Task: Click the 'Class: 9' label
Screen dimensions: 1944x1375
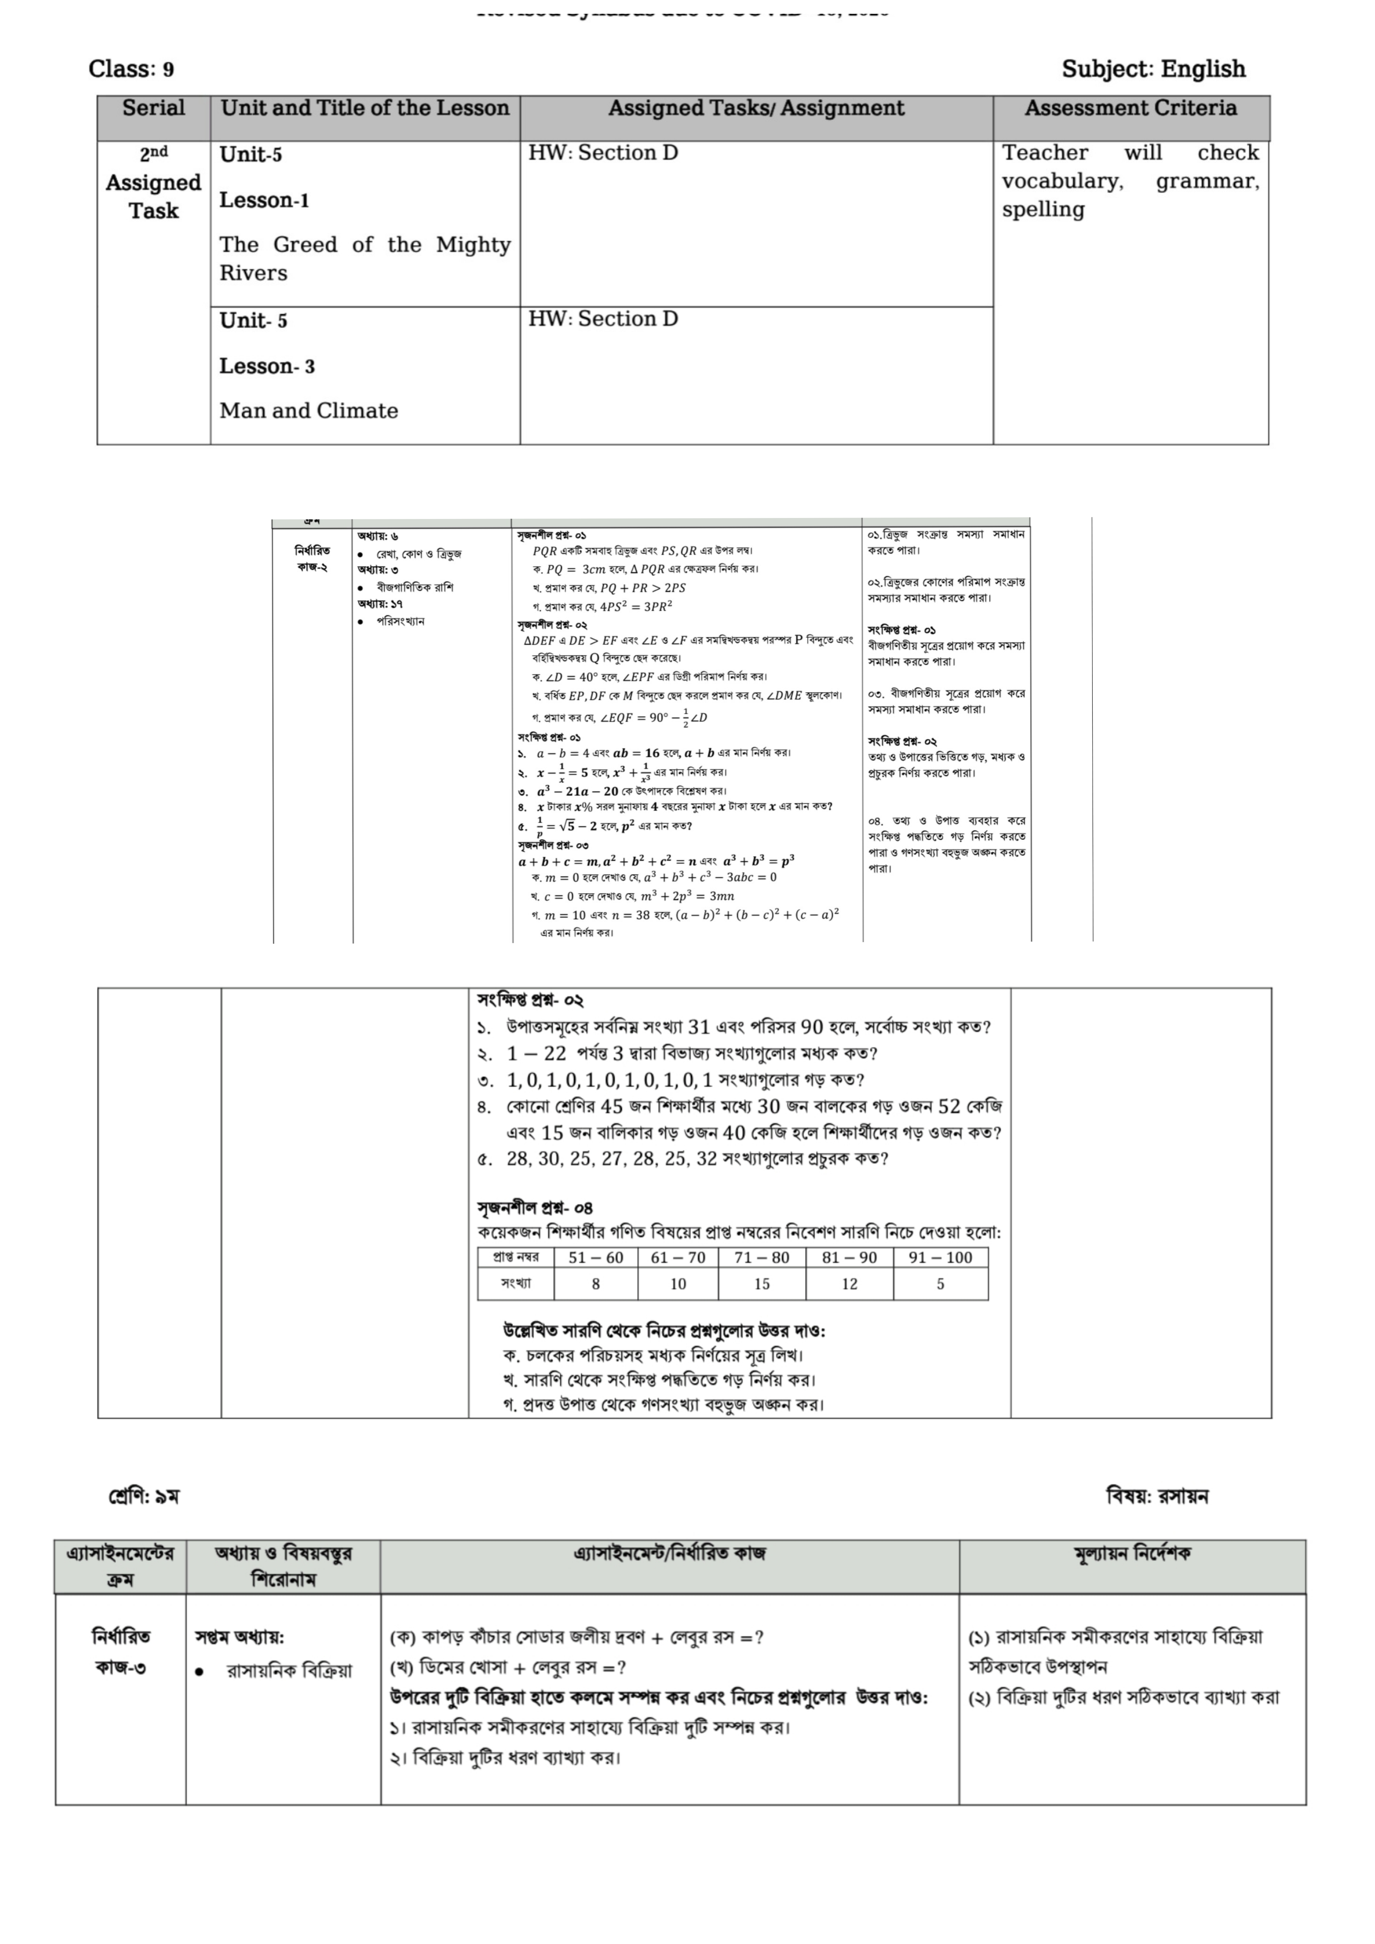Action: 131,69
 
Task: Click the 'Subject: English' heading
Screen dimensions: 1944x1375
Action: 1153,69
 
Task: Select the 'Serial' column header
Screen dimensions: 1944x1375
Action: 153,108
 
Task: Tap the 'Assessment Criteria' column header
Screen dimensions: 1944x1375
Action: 1130,108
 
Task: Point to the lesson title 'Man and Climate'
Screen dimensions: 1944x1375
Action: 308,411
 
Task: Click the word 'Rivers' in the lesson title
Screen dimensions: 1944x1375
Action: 253,274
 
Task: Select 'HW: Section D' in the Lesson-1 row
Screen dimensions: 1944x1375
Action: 603,153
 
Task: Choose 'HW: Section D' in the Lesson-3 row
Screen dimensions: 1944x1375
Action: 603,319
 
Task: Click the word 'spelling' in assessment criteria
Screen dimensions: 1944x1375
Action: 1043,210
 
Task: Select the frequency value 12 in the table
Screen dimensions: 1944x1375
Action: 849,1284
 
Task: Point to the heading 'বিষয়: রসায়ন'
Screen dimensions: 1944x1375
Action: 1156,1496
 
